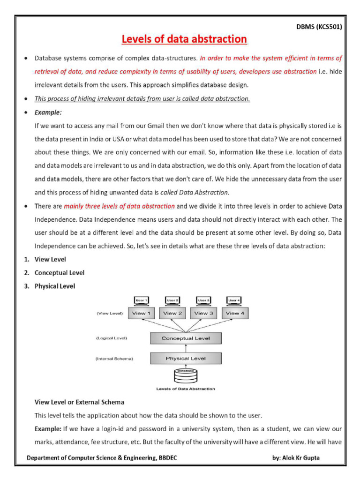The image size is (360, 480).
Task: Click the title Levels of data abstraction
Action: pos(184,39)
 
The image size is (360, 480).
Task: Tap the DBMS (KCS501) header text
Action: pos(318,27)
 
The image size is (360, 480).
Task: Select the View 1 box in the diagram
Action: pos(141,313)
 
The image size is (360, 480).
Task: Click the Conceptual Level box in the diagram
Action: pos(186,338)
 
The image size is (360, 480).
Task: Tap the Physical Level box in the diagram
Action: pos(186,359)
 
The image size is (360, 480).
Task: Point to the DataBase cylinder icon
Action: pos(186,376)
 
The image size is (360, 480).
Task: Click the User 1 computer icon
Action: pos(141,301)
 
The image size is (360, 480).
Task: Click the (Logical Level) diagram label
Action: pos(112,337)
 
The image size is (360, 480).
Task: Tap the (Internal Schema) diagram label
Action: pos(114,359)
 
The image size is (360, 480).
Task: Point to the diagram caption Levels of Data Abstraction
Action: pos(186,389)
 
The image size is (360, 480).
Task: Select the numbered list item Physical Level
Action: pos(54,285)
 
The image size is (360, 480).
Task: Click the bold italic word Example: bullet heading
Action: pos(48,112)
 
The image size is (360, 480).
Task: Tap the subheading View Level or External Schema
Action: pos(79,402)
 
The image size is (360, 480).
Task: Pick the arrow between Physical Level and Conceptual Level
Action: pos(186,348)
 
